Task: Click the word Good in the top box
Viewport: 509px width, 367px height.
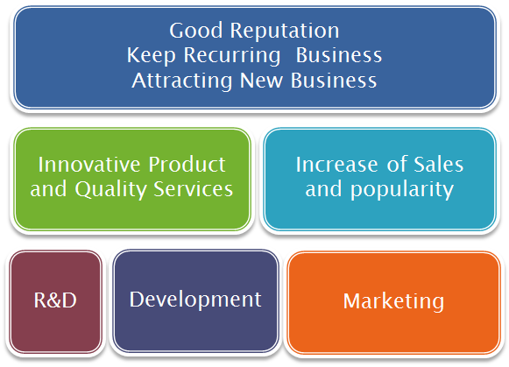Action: click(x=196, y=31)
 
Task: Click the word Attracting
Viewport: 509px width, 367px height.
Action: click(x=182, y=81)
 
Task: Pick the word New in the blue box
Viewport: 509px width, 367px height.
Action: click(x=261, y=81)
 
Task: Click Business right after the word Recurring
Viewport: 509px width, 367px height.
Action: click(x=339, y=55)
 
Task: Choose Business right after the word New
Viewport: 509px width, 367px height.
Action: click(x=334, y=81)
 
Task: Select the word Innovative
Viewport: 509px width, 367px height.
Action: click(x=89, y=164)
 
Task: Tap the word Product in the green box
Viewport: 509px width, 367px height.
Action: click(x=187, y=164)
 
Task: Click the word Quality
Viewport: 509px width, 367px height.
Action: click(x=110, y=190)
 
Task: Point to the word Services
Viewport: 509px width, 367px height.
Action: click(x=193, y=189)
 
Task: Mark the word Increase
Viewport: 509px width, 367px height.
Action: click(x=336, y=164)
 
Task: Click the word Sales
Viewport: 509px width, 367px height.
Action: click(x=439, y=164)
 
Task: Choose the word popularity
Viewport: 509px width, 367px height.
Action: click(x=402, y=190)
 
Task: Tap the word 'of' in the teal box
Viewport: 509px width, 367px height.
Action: click(x=397, y=164)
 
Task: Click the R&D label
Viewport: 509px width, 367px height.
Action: click(x=55, y=300)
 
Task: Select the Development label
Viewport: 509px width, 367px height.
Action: click(x=195, y=300)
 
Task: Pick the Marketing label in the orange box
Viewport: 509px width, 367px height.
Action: click(x=393, y=302)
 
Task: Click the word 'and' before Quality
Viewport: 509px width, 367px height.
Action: click(x=48, y=189)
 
